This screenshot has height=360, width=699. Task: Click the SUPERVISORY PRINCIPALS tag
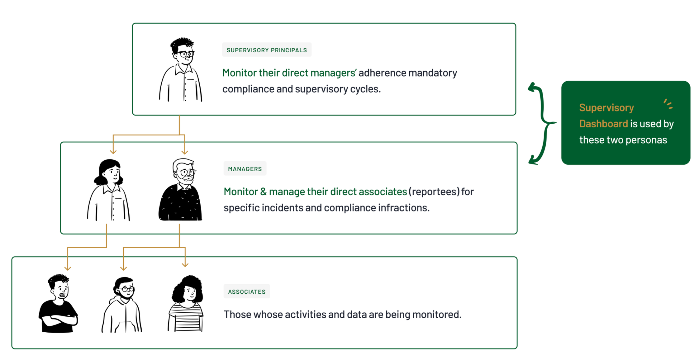point(267,50)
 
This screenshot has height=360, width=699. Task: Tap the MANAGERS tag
point(245,169)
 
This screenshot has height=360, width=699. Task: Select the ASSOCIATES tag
point(247,291)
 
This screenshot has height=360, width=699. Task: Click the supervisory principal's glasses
point(186,54)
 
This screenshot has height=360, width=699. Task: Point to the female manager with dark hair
point(109,190)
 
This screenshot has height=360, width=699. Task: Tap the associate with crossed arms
point(58,304)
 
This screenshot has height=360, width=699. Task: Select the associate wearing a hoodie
point(122,305)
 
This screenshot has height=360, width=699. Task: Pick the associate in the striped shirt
point(186,304)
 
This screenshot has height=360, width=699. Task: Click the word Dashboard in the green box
point(603,124)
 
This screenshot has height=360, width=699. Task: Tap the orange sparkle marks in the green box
point(668,104)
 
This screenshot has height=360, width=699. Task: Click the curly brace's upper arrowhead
point(532,87)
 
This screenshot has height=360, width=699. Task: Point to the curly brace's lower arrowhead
point(533,161)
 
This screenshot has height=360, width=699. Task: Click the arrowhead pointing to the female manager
point(113,152)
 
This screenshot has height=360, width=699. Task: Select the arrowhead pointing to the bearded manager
point(185,152)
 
